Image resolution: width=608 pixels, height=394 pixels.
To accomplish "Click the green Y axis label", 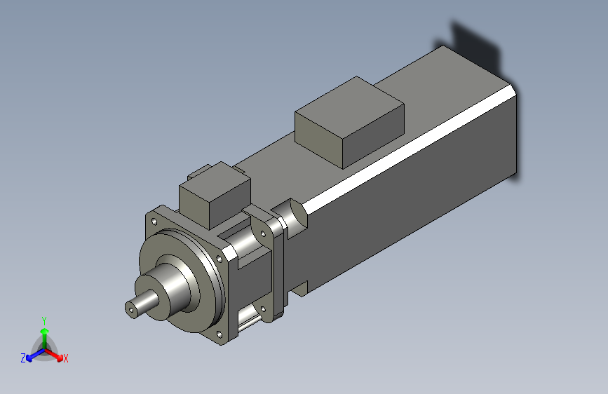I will pyautogui.click(x=43, y=319).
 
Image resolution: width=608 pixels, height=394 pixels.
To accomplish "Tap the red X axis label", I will pyautogui.click(x=66, y=359).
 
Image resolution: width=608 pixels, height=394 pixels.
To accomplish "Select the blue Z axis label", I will pyautogui.click(x=23, y=358).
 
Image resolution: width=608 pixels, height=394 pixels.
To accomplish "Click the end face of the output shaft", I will pyautogui.click(x=130, y=308).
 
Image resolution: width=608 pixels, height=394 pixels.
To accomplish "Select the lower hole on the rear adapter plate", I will pyautogui.click(x=263, y=309).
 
